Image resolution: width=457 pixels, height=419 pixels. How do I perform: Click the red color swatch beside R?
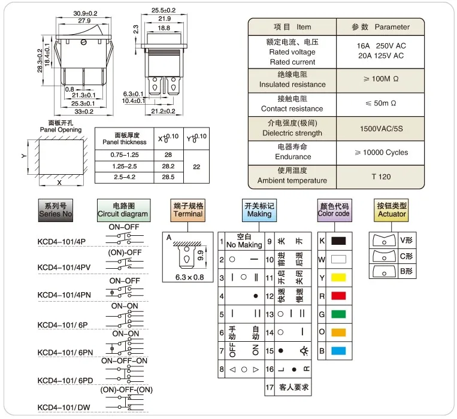338,296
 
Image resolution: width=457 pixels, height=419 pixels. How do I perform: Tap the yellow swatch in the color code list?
338,278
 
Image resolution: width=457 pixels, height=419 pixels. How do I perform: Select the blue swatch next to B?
338,351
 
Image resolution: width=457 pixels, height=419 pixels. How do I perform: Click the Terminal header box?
187,210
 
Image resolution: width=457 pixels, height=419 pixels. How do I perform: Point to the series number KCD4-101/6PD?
65,381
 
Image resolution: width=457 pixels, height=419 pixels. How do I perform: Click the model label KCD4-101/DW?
64,408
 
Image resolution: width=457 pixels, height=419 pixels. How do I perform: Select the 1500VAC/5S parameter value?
381,129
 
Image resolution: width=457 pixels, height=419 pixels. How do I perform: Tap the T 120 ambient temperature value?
381,177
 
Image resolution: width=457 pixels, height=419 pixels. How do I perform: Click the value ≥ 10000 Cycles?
381,153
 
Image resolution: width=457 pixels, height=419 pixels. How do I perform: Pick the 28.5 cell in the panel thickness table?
168,177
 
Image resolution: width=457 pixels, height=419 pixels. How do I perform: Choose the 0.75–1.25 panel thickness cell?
125,155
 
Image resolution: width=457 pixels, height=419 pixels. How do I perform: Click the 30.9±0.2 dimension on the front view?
85,13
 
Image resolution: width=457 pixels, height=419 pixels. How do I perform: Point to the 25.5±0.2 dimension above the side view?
164,10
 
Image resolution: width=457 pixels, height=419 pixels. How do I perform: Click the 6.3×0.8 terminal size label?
189,277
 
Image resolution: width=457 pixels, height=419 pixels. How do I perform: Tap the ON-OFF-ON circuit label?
124,361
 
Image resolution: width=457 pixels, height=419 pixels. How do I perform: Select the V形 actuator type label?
406,240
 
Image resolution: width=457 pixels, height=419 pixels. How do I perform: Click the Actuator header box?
391,210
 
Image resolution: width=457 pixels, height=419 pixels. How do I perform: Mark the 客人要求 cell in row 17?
293,387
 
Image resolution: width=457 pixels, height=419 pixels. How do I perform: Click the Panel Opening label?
60,129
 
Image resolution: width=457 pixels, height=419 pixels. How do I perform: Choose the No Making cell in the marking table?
244,245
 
